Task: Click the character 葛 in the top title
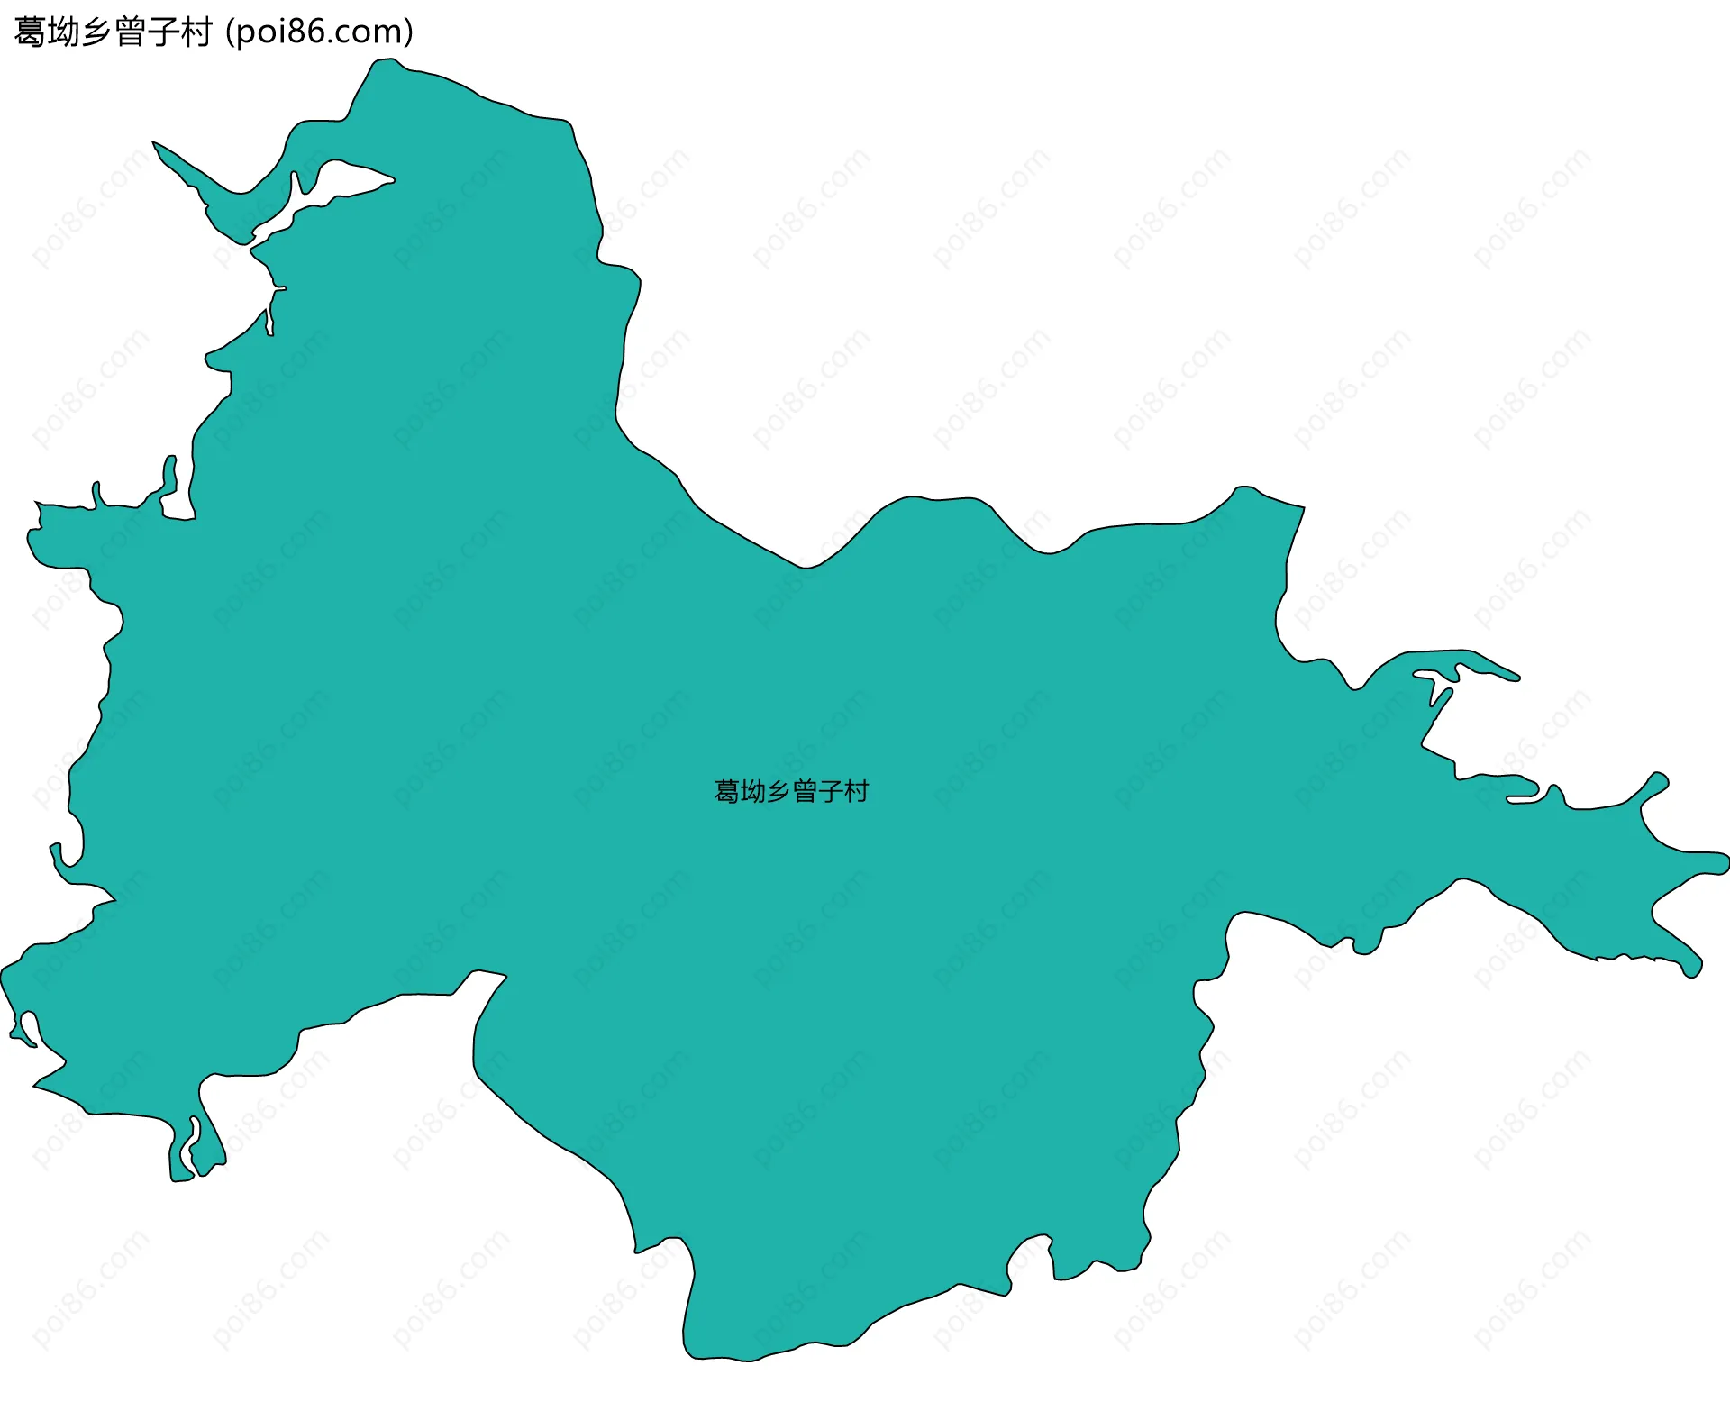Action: [x=31, y=32]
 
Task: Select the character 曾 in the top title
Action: [x=131, y=32]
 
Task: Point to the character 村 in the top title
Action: [x=196, y=32]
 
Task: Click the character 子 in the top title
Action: [x=164, y=32]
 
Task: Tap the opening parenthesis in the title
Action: [x=229, y=32]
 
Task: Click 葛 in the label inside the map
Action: [x=726, y=792]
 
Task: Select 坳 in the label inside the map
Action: [x=752, y=792]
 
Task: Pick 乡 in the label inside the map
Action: [x=778, y=792]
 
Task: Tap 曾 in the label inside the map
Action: [x=805, y=792]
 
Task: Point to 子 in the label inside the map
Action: [x=831, y=792]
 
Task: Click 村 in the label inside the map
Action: [x=857, y=792]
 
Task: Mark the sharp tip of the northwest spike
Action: [x=154, y=142]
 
